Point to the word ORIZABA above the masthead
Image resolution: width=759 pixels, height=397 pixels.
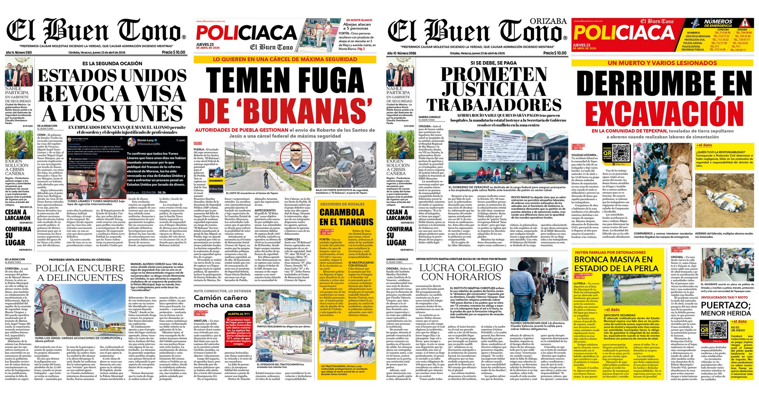[548, 21]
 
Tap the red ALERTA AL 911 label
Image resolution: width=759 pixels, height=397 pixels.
[239, 314]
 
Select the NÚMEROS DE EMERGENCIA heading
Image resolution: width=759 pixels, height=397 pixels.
[718, 23]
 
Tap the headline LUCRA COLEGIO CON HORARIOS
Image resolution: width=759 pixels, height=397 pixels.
[461, 272]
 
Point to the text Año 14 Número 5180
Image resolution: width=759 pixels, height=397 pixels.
[19, 53]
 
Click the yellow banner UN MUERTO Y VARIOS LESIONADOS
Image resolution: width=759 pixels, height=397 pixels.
[662, 63]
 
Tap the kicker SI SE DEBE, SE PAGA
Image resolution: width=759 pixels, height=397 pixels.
[493, 63]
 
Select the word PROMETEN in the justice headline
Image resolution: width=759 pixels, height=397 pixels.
[493, 74]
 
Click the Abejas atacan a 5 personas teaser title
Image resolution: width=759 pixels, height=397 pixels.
[357, 26]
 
